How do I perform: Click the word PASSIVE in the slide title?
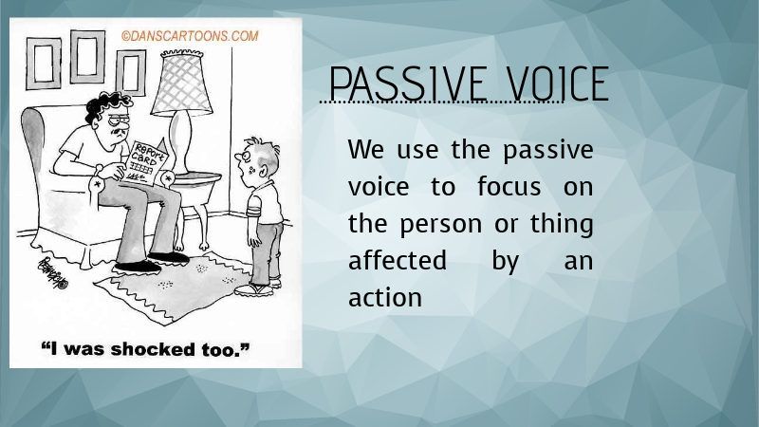pos(404,84)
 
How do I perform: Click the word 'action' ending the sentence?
pos(384,298)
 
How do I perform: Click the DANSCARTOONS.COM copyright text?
pos(190,36)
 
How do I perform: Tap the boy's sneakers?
pos(260,288)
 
